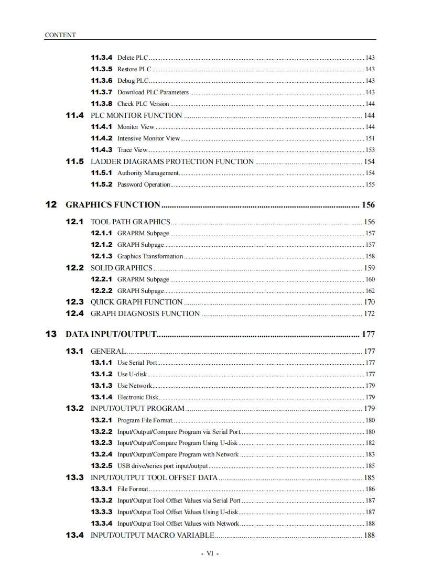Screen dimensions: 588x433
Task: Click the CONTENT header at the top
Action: pos(60,35)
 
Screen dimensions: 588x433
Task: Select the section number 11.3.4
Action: pos(102,57)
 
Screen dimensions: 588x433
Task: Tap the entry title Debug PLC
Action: pos(133,81)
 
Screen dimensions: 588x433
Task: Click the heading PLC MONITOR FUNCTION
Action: pos(136,115)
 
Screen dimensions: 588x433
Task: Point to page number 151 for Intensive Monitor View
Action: pos(370,138)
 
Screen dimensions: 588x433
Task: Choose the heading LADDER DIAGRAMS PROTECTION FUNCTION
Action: pos(172,161)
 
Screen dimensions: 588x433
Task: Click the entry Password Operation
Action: pos(144,184)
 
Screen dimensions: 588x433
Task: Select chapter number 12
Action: pos(51,204)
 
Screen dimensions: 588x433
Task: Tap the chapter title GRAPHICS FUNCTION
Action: pos(113,204)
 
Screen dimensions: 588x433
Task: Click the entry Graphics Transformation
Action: pos(150,256)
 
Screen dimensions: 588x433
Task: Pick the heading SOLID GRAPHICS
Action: pos(122,268)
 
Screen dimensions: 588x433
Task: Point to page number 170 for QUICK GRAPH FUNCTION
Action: pos(369,302)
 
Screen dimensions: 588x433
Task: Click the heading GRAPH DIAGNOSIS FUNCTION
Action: pos(145,313)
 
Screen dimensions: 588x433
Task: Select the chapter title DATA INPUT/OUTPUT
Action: pos(111,334)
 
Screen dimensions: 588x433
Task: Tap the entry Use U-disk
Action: pos(132,374)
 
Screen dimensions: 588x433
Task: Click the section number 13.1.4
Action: pos(102,397)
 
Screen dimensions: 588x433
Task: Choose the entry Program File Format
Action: pos(145,420)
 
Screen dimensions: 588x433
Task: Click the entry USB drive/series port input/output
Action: pos(163,466)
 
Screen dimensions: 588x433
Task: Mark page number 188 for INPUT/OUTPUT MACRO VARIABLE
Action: pos(369,535)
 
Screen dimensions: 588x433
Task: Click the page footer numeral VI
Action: pos(210,554)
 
